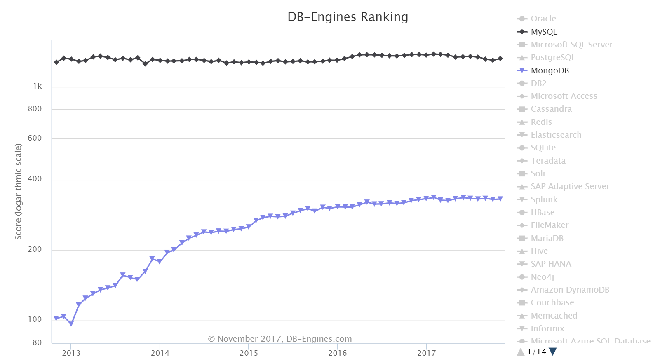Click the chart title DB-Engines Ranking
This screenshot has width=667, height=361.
[348, 17]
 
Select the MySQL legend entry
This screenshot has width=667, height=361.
[544, 32]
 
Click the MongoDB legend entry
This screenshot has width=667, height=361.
[550, 70]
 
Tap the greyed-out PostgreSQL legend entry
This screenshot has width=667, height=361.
[553, 58]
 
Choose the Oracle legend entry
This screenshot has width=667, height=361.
[543, 19]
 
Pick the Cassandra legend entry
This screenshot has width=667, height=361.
[551, 109]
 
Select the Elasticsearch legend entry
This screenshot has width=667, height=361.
[556, 135]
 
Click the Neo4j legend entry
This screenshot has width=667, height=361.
[542, 277]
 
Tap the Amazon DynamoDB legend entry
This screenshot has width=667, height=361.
[570, 290]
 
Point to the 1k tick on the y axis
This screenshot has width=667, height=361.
[38, 87]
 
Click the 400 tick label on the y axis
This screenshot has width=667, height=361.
[35, 179]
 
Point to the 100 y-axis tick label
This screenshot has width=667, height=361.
[35, 319]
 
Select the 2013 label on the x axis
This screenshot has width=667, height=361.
[71, 353]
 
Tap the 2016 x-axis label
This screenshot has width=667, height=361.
[338, 353]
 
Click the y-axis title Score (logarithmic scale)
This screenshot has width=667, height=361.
[18, 191]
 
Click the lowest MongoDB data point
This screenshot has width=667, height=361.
[71, 324]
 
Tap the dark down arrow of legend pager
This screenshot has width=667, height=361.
[553, 352]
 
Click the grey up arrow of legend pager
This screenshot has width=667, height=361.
[521, 352]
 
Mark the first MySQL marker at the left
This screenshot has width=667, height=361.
[56, 62]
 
